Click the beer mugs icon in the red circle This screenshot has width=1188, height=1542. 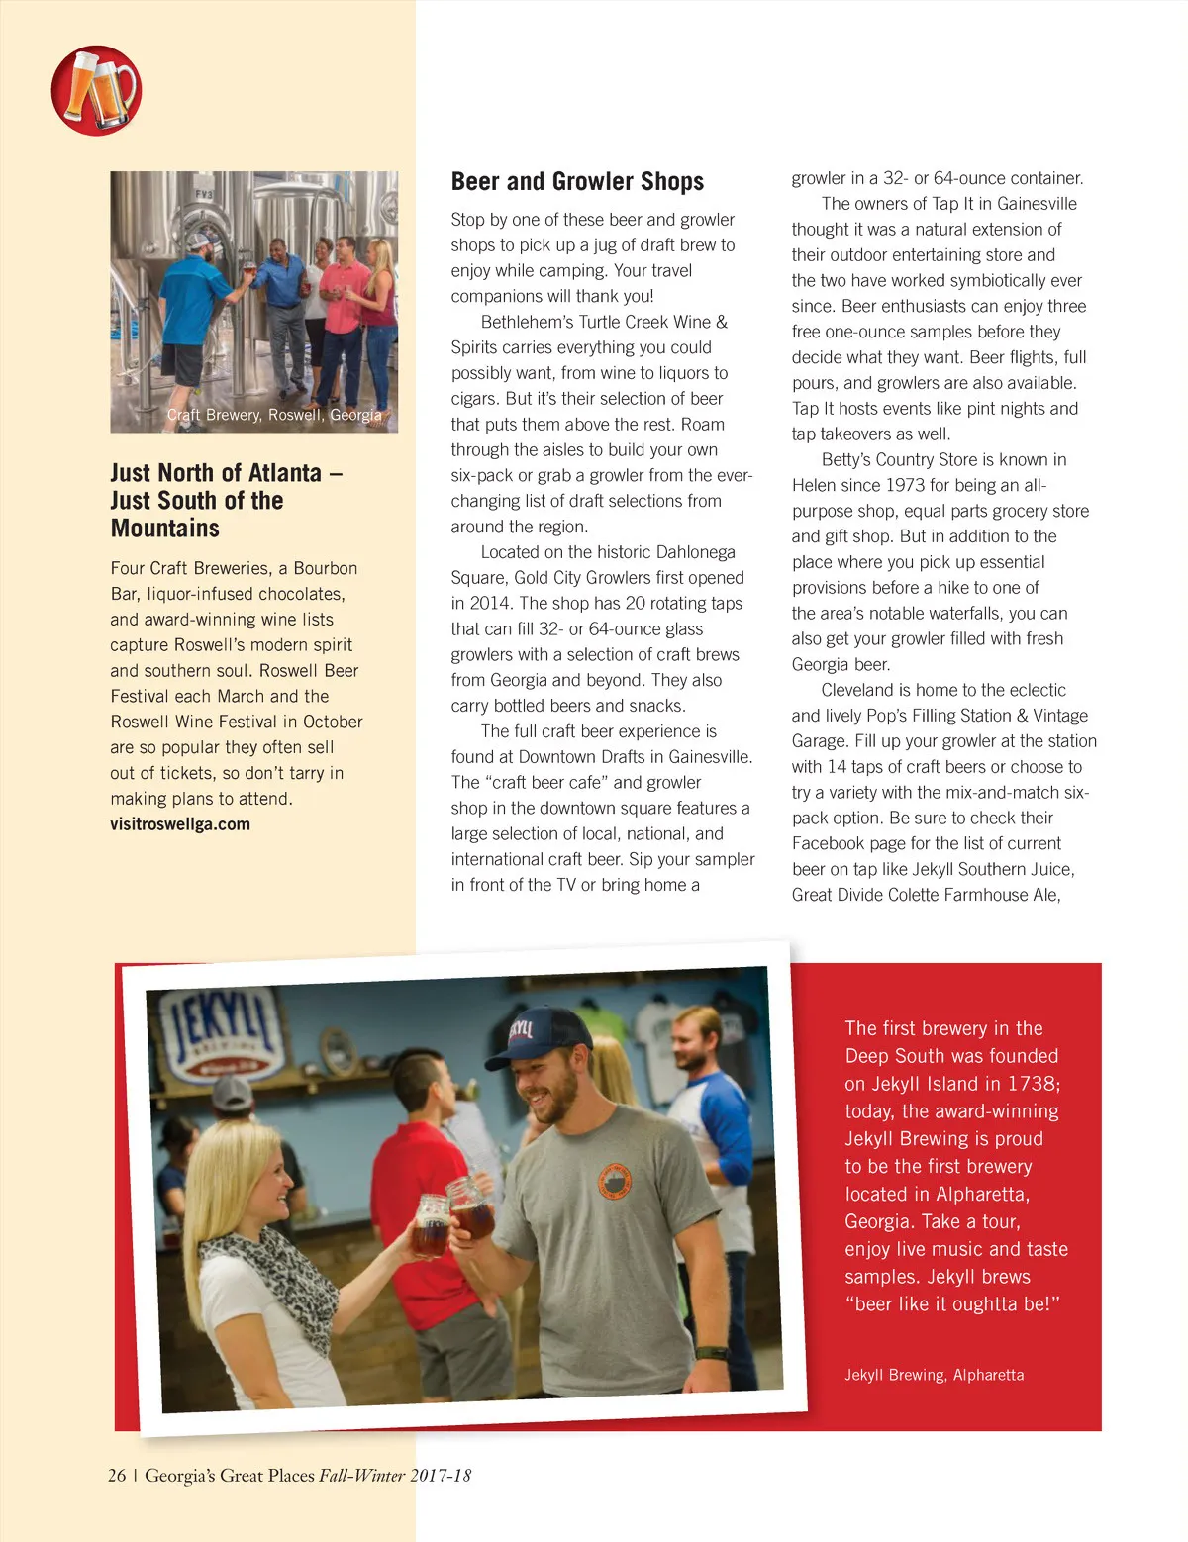96,90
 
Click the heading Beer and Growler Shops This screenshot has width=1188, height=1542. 577,181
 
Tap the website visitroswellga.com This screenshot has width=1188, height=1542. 180,824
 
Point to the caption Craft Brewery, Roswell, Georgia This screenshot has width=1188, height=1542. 274,415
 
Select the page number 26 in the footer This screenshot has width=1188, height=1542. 117,1476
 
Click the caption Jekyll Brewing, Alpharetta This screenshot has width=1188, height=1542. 934,1375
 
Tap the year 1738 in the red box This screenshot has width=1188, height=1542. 1034,1084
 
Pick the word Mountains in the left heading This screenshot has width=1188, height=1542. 165,529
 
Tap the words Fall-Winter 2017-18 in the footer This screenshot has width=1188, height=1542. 395,1476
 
